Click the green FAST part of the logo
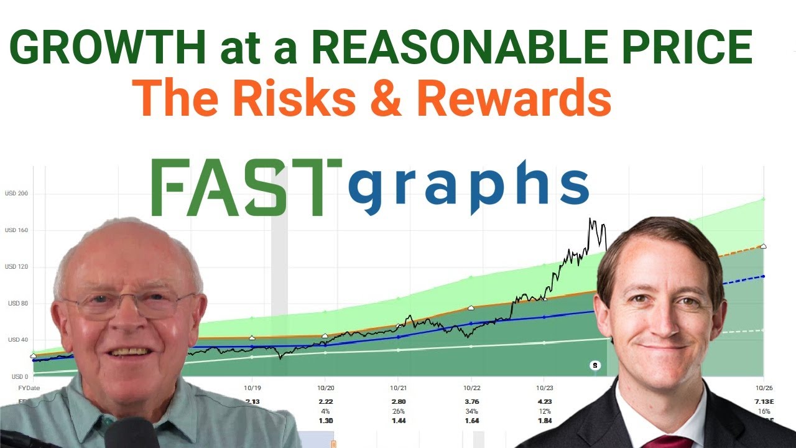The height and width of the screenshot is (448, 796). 246,187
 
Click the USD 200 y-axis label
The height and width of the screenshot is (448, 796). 16,194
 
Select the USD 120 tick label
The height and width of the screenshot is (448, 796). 16,267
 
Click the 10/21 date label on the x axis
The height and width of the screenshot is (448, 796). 398,388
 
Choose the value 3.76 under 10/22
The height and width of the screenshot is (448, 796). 471,402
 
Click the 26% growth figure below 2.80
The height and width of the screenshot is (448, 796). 398,411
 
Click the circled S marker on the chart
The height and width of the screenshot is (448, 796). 595,365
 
